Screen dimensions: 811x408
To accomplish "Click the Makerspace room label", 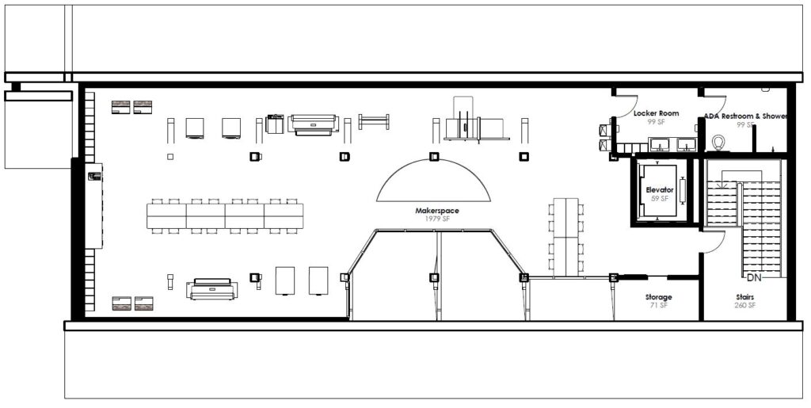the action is tap(437, 211).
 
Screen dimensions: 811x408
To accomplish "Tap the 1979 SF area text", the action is tap(437, 219).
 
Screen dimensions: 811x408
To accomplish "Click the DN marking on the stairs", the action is tap(754, 278).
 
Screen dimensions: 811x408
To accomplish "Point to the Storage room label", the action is tap(658, 297).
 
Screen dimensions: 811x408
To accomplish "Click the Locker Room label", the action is tap(657, 113).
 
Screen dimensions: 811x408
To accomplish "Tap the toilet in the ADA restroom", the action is tap(718, 142).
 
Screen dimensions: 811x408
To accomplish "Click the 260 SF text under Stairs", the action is tap(744, 305).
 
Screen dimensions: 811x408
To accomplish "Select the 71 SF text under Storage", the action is tap(658, 305).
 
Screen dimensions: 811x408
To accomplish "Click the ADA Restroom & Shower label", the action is tap(745, 116).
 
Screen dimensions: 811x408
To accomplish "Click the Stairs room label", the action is tap(744, 297).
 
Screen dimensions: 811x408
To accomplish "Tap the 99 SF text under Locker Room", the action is tap(657, 121).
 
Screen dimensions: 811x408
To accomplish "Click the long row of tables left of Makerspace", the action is tap(225, 216).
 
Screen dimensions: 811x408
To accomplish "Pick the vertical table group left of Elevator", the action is tap(565, 237).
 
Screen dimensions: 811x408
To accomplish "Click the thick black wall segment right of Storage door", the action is tap(683, 278).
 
